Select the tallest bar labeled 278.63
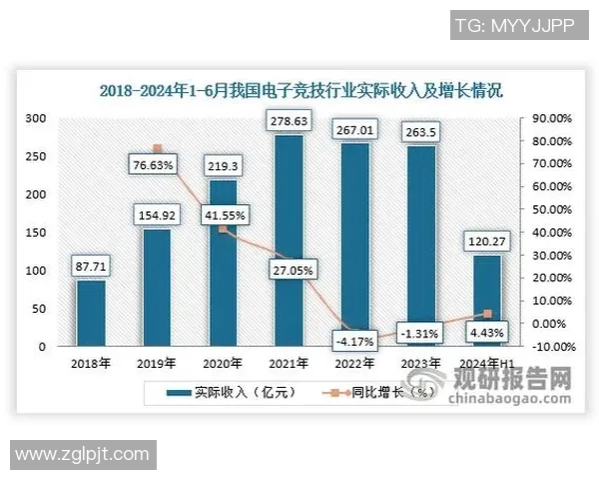[287, 241]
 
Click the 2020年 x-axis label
[222, 363]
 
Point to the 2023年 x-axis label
[419, 363]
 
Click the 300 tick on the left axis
[36, 118]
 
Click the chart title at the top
[299, 90]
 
